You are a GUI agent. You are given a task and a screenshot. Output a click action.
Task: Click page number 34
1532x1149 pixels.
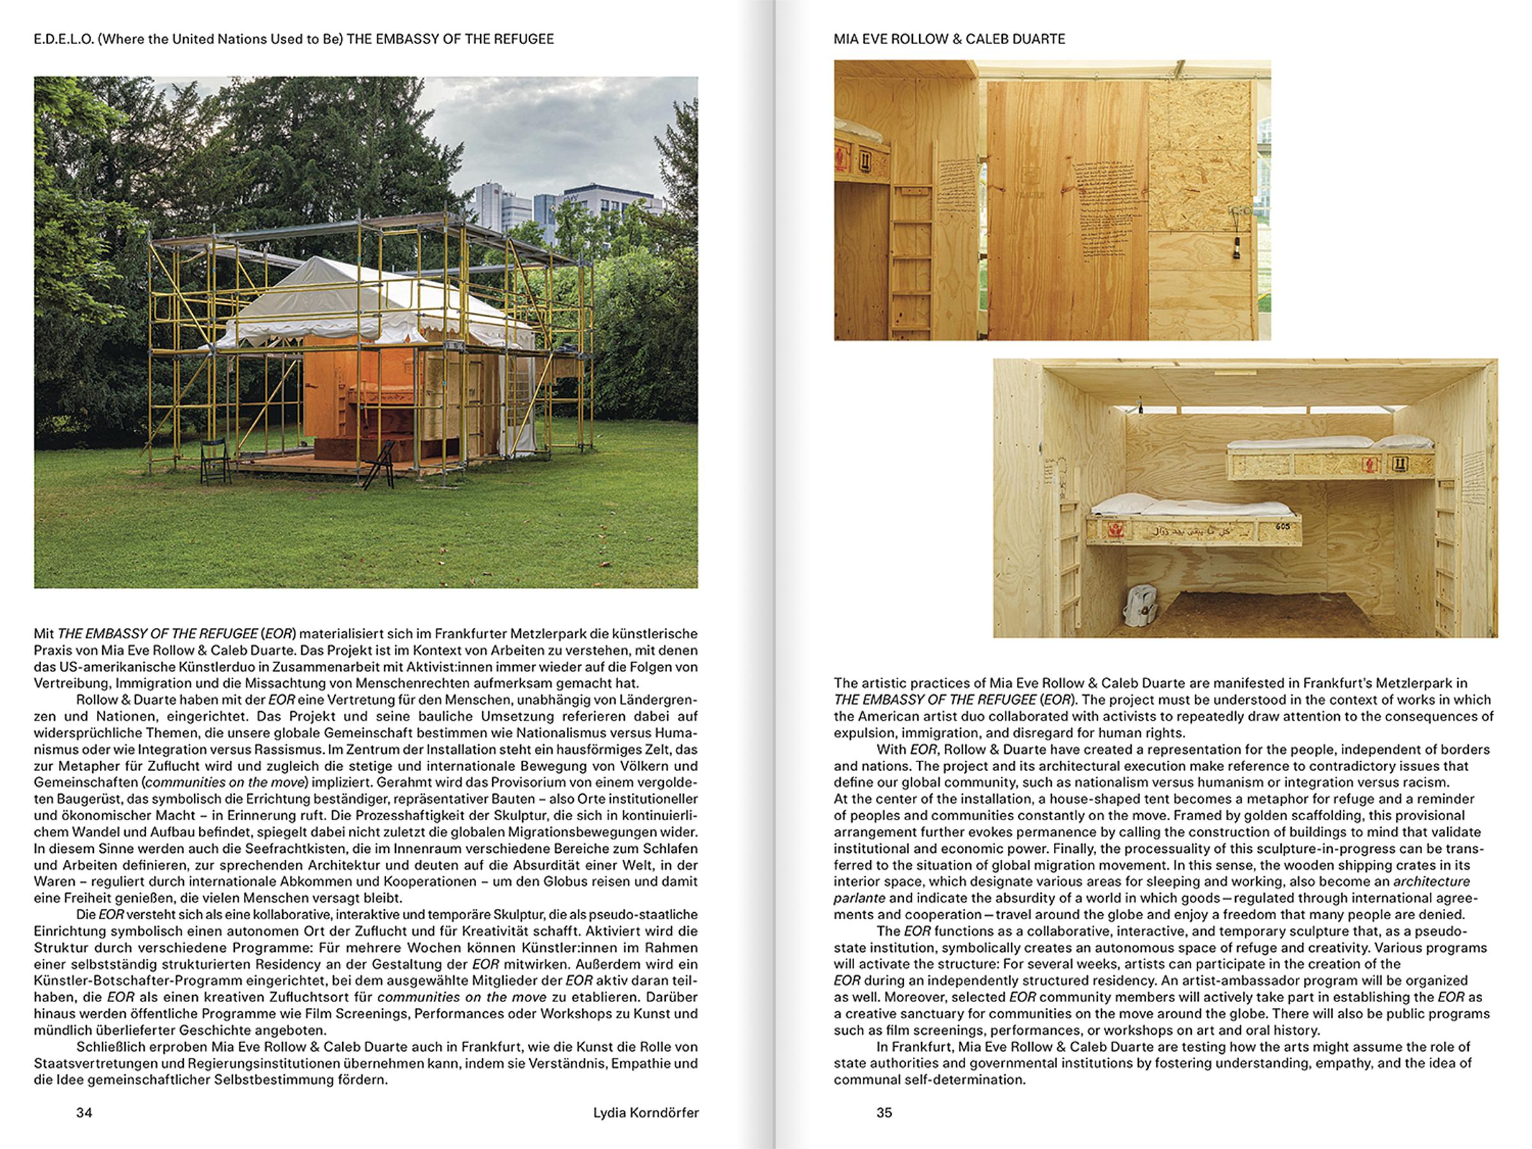(84, 1112)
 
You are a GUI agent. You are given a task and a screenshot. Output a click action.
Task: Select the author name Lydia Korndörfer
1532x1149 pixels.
(645, 1112)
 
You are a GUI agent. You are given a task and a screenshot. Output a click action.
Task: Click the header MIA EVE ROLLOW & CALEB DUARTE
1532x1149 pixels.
(949, 39)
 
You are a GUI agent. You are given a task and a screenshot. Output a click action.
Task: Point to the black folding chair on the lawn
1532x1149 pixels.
(214, 461)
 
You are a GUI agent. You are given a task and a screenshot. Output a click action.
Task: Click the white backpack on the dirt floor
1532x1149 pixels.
(1141, 606)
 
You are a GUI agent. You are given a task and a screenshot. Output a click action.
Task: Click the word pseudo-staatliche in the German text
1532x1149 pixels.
(647, 914)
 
